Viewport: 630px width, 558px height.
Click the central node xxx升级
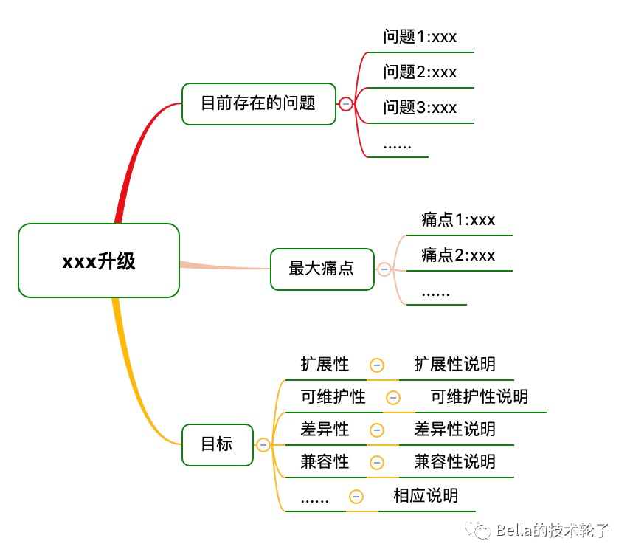(x=99, y=261)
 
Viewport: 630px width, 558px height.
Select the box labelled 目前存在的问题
(x=259, y=104)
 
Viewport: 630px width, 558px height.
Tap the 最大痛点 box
(x=322, y=269)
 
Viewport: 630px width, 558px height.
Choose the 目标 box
(x=218, y=444)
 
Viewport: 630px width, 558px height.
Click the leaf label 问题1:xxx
(x=420, y=37)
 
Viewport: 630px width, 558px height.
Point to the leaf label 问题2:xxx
(x=420, y=72)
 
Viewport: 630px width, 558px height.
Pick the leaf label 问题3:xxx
(x=420, y=107)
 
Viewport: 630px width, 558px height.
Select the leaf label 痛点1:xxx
(x=458, y=220)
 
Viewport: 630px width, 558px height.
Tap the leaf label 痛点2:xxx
(x=458, y=255)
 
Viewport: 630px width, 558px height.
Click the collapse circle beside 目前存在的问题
(x=345, y=104)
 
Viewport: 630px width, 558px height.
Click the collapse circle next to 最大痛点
(x=384, y=269)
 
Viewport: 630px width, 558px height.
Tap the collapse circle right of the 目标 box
(x=263, y=445)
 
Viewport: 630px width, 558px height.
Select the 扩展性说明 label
(x=455, y=364)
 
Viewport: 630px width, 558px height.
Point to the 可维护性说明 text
(x=480, y=397)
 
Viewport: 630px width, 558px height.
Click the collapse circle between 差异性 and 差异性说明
(x=377, y=430)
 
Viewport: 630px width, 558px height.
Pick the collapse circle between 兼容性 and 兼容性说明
(x=377, y=463)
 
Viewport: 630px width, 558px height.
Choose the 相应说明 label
(x=426, y=496)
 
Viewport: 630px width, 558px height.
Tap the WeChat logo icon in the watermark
(x=478, y=530)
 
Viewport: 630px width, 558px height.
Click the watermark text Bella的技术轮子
(x=553, y=531)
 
